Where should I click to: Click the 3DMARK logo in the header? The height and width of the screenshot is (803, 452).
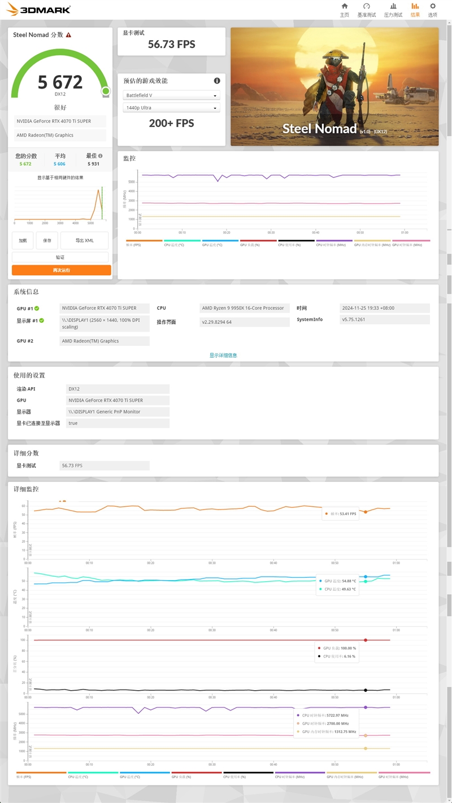tap(38, 9)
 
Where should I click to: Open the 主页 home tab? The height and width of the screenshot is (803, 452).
tap(344, 10)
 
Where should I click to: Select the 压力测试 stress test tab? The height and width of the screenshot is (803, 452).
tap(393, 10)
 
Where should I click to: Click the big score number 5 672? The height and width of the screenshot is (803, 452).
tap(60, 82)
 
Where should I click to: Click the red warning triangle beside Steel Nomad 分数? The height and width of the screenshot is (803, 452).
tap(68, 35)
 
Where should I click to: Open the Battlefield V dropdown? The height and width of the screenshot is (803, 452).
tap(171, 95)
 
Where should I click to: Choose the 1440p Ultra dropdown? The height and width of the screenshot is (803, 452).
tap(171, 108)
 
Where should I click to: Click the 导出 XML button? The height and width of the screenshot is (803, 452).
tap(84, 240)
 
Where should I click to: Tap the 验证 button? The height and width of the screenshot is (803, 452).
tap(60, 257)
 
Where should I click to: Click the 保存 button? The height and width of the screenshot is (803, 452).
tap(47, 240)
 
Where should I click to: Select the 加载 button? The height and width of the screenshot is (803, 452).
tap(23, 240)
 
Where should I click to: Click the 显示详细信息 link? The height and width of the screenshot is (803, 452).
tap(223, 356)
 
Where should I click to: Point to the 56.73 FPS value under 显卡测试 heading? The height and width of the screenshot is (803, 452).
tap(171, 44)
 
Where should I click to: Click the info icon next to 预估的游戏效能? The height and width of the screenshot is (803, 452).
tap(216, 81)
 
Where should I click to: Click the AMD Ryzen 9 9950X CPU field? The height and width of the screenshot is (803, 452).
tap(245, 308)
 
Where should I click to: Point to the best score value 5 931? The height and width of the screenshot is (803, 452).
tap(93, 164)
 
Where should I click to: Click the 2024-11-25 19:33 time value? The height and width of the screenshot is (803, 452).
tap(384, 308)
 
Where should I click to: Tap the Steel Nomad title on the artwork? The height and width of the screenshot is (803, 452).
tap(320, 129)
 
